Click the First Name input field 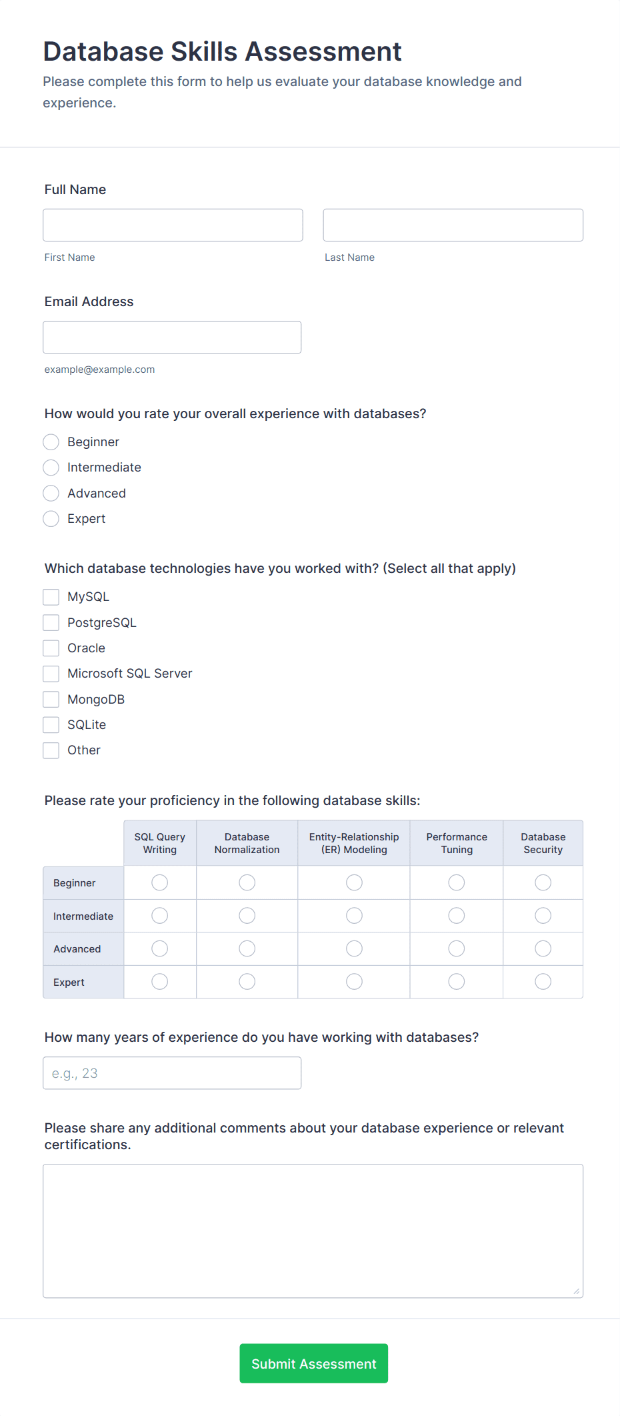[x=173, y=225]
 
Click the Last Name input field [x=453, y=225]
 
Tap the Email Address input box [x=172, y=337]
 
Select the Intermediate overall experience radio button [x=51, y=468]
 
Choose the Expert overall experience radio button [x=51, y=519]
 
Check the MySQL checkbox [x=51, y=597]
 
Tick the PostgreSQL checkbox [x=51, y=623]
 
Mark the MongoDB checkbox [x=51, y=700]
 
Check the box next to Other [x=51, y=750]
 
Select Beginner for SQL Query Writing [x=160, y=883]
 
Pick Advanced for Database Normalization [x=247, y=948]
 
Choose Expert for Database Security [x=543, y=982]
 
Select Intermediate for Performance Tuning [x=457, y=916]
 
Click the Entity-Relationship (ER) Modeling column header [x=354, y=843]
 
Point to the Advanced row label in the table [x=77, y=949]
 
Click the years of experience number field [x=172, y=1073]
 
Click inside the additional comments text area [x=313, y=1231]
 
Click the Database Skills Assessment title [x=223, y=51]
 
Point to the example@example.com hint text [x=100, y=370]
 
